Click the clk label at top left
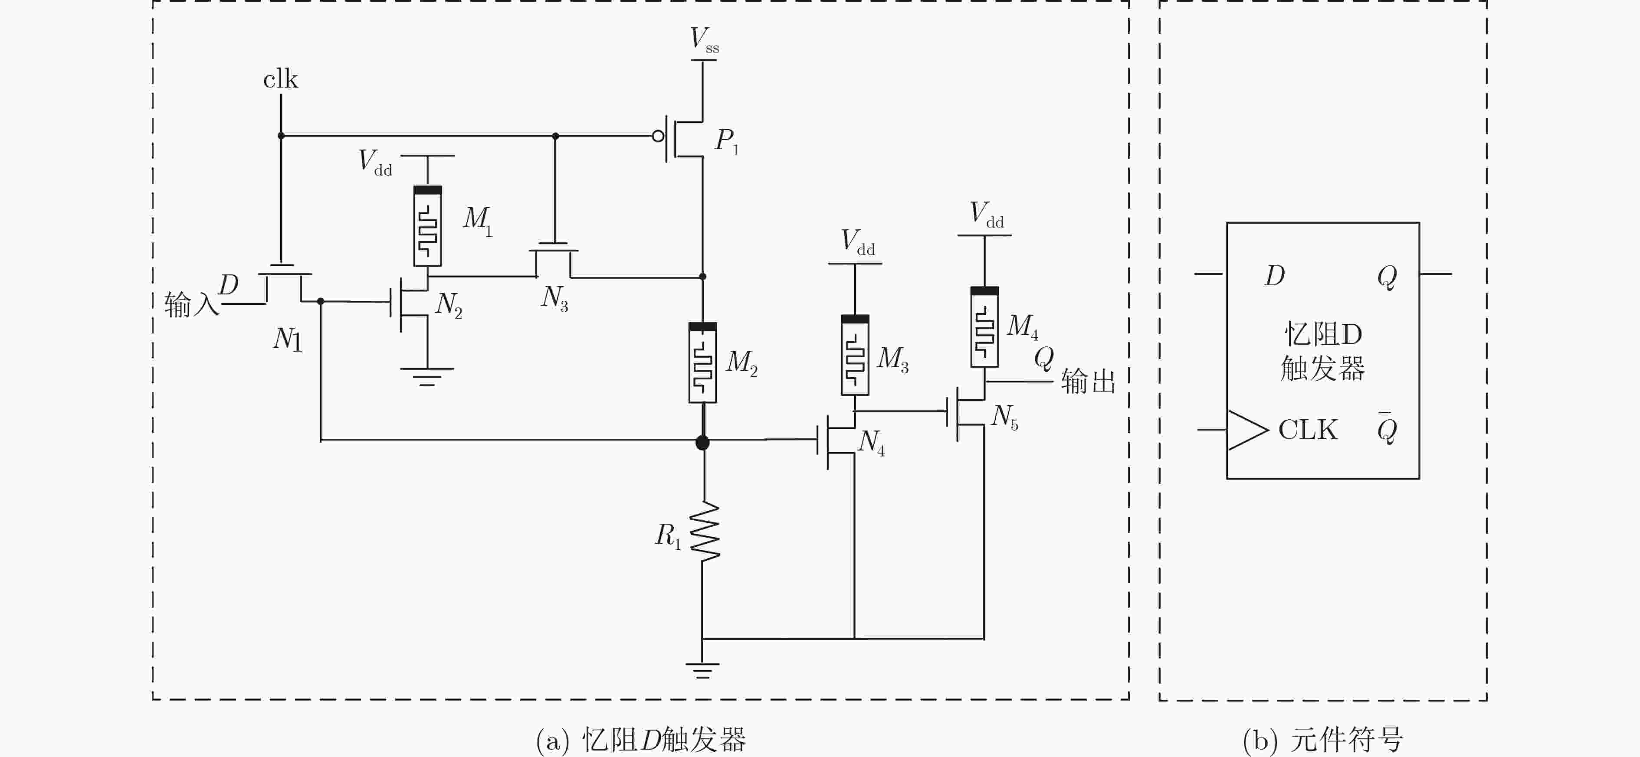281,79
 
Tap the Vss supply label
705,39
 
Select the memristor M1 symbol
427,226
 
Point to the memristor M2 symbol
703,362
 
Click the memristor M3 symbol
855,355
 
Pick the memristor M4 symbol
984,327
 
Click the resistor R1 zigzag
704,531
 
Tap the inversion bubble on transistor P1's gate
658,136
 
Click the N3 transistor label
554,298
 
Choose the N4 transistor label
871,442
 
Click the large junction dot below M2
702,442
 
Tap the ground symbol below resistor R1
702,670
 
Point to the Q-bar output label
1387,429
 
